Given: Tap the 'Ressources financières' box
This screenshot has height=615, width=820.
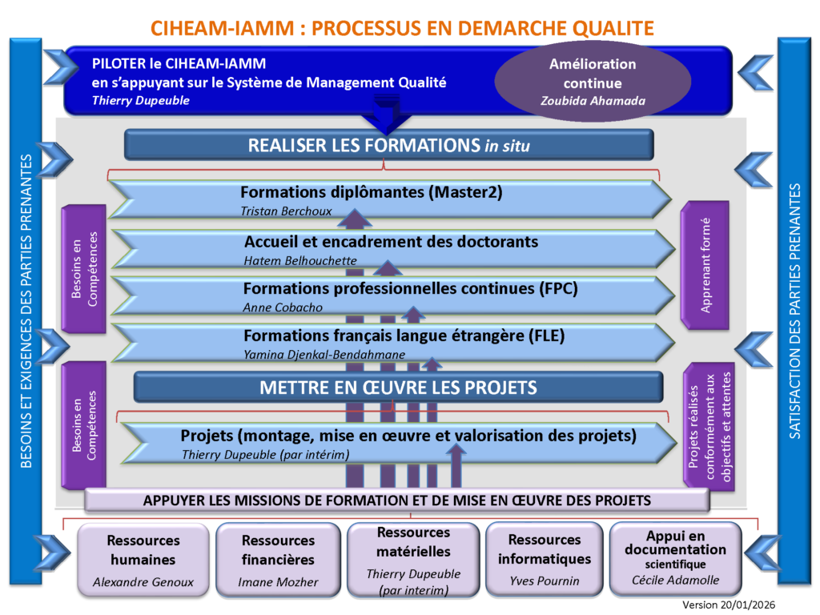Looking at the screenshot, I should (x=278, y=559).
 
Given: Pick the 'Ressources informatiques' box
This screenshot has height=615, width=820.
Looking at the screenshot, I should (x=544, y=559).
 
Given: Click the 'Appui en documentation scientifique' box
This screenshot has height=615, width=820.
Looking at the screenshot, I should (x=675, y=557).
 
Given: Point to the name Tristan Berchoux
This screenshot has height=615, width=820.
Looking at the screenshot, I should (x=286, y=211).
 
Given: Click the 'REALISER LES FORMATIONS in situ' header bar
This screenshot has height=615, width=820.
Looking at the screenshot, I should (x=389, y=145).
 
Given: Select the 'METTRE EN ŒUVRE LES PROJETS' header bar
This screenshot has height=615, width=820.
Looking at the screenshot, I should (x=398, y=388).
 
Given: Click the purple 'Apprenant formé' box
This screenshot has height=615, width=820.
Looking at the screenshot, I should (x=705, y=264).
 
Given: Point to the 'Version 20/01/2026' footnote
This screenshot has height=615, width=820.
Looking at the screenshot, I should (x=729, y=605).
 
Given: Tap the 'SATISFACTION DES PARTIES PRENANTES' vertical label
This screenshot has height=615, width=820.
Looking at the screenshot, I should (x=794, y=312).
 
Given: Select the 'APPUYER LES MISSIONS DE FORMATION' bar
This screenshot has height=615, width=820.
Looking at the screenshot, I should (x=396, y=500).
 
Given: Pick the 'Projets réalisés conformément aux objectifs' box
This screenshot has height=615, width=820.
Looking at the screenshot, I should (x=705, y=426).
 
